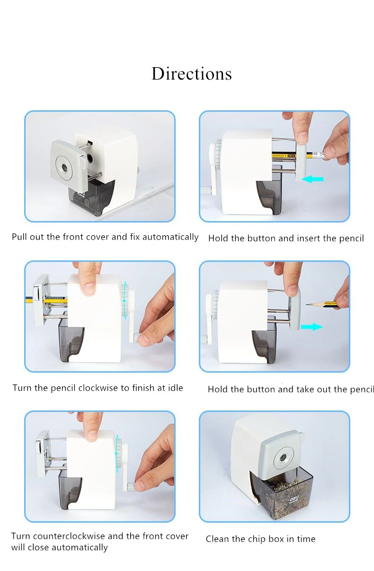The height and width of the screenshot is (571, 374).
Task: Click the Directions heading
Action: click(191, 74)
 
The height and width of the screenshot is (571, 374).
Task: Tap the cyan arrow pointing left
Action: click(312, 179)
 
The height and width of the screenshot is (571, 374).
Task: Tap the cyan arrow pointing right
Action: click(312, 327)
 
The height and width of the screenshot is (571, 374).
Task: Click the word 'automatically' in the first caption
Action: click(170, 237)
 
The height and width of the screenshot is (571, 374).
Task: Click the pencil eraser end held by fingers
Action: click(319, 154)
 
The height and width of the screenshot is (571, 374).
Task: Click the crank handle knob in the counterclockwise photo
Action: click(130, 487)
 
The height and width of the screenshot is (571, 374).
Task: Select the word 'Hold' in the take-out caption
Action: click(218, 389)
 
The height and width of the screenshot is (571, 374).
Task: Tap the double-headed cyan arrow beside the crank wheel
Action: click(125, 301)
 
